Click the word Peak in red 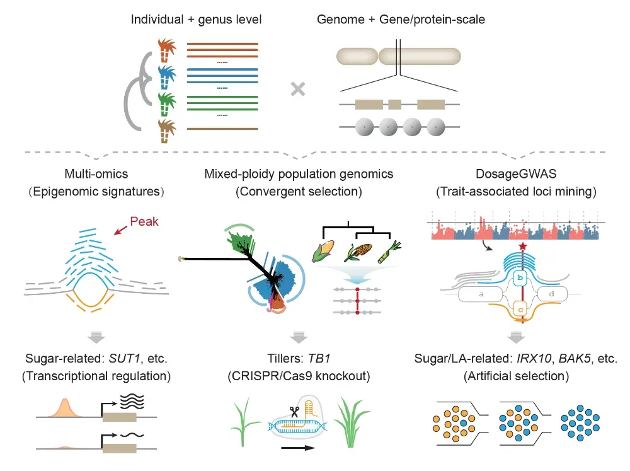pyautogui.click(x=144, y=221)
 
